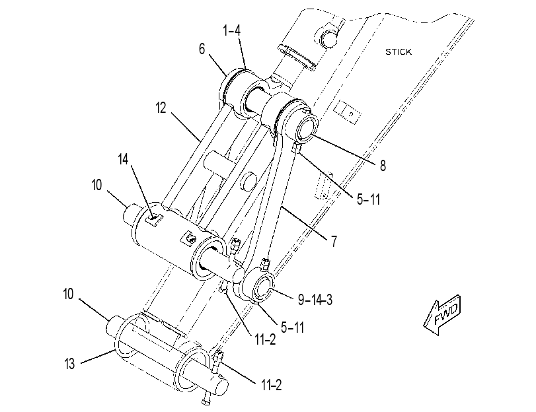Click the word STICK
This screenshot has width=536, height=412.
point(399,52)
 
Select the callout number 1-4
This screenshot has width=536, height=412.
point(232,30)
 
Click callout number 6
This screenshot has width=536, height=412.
point(202,50)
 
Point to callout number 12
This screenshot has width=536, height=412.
point(161,108)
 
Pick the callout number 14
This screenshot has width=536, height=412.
point(123,159)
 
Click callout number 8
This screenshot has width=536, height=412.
point(383,166)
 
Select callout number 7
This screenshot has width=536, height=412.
point(334,242)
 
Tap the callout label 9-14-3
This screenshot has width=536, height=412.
point(315,300)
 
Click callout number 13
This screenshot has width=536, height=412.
point(69,364)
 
